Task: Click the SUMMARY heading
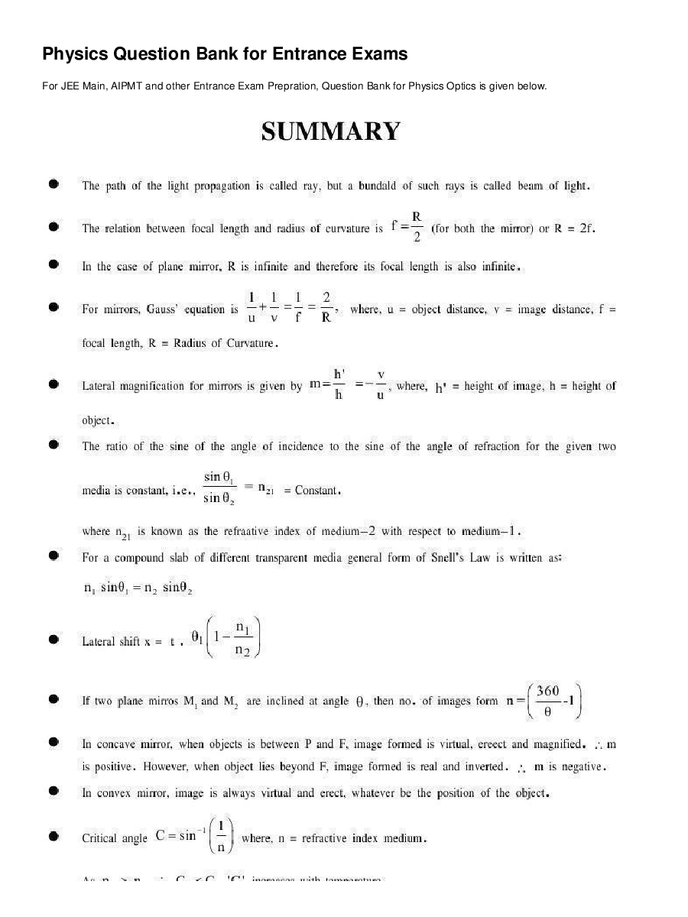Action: pyautogui.click(x=330, y=131)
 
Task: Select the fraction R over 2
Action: pyautogui.click(x=417, y=226)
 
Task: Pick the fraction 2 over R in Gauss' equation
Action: pyautogui.click(x=326, y=307)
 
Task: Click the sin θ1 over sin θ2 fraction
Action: pyautogui.click(x=222, y=488)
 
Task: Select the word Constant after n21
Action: pyautogui.click(x=316, y=491)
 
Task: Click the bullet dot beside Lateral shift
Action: pyautogui.click(x=54, y=640)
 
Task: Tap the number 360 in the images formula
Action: pyautogui.click(x=548, y=691)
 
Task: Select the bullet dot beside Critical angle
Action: pyautogui.click(x=54, y=838)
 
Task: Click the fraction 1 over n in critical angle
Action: pyautogui.click(x=221, y=836)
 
